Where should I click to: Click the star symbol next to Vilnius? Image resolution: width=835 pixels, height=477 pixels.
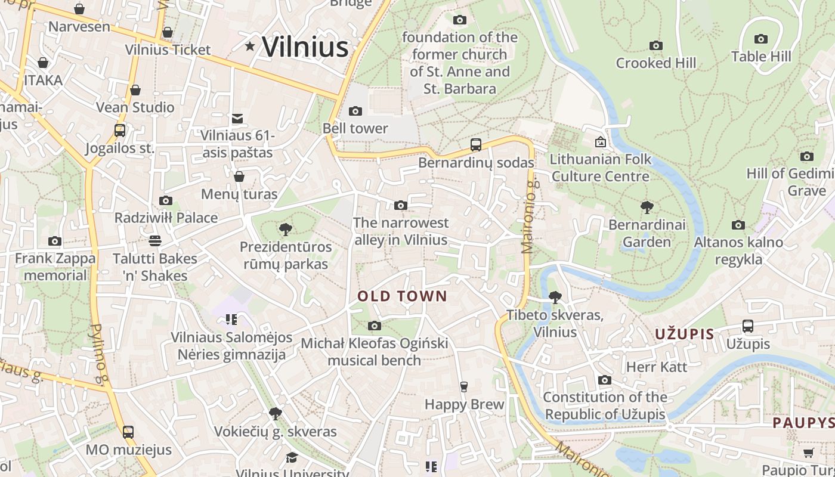(x=250, y=46)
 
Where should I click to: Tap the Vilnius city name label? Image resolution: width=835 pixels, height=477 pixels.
(x=305, y=47)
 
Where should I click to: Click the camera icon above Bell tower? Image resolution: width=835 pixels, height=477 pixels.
(x=355, y=111)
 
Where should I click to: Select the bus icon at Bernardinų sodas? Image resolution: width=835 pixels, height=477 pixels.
(x=475, y=144)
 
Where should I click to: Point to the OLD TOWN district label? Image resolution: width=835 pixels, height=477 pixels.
(x=402, y=296)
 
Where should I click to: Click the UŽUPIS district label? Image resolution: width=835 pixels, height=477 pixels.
(x=684, y=334)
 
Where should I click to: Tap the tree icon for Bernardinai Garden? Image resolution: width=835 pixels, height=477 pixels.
(x=647, y=207)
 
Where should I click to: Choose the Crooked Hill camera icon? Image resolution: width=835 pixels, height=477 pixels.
(x=655, y=45)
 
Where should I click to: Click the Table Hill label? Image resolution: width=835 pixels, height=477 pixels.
(x=761, y=57)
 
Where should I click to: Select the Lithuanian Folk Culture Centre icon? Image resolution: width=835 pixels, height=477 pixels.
(x=600, y=142)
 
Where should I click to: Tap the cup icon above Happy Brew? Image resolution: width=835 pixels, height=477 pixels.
(x=463, y=387)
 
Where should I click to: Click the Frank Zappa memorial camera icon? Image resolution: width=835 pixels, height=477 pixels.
(x=55, y=241)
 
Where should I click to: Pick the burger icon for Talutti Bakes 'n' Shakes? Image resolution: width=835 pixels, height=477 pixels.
(x=155, y=241)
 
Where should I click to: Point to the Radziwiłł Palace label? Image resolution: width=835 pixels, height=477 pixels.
(x=166, y=218)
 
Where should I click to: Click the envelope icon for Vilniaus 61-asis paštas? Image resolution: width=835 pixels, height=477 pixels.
(x=237, y=119)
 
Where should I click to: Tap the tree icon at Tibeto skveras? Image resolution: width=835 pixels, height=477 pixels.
(x=555, y=297)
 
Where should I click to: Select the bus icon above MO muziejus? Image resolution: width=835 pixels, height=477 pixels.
(x=128, y=432)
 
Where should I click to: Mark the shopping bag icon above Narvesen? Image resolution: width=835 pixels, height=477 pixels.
(x=79, y=9)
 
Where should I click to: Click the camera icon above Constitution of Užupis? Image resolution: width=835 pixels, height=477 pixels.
(x=604, y=380)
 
